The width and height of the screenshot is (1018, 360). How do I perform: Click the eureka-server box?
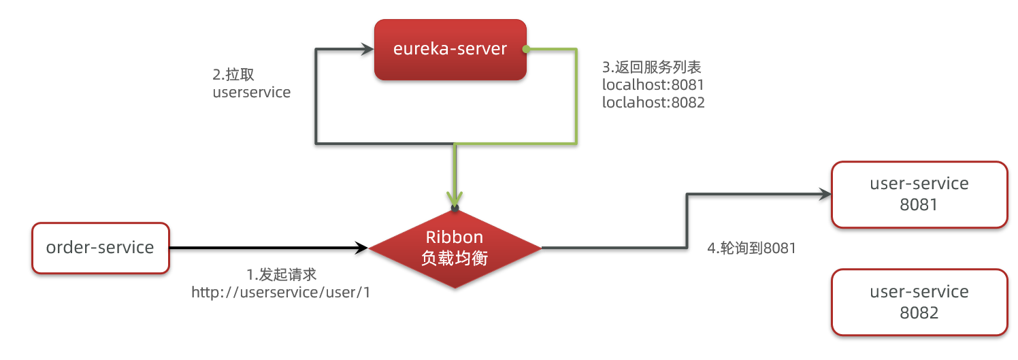450,49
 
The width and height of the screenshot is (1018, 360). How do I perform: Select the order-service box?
100,248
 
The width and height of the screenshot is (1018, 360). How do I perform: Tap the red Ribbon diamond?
455,248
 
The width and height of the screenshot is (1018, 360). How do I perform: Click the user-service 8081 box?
919,194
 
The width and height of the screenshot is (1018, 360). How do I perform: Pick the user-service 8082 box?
919,301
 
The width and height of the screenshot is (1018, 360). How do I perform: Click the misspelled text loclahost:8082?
653,103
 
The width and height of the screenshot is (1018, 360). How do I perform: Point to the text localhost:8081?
653,85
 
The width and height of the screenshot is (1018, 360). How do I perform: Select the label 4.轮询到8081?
752,249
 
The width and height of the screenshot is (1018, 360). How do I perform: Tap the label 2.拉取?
233,74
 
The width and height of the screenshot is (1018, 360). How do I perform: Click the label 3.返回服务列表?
652,67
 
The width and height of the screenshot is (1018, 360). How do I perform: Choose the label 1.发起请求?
281,274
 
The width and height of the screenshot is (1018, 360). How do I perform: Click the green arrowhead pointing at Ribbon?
455,197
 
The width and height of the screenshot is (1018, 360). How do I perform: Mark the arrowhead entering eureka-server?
367,50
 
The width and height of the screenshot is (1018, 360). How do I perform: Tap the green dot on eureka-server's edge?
525,49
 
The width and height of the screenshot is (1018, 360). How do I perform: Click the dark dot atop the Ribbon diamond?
455,207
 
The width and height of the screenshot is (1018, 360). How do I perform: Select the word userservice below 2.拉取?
251,92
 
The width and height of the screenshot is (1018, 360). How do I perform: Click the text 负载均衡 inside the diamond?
455,259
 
